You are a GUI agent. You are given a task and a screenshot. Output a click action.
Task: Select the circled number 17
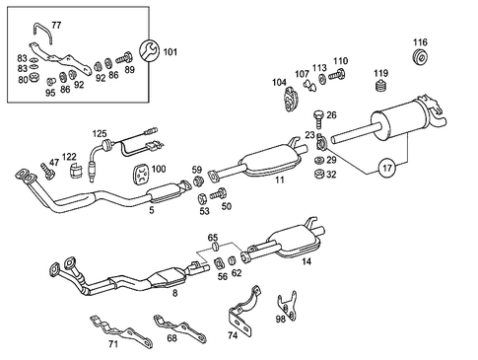tap(387, 169)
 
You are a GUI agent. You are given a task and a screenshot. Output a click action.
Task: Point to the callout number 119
tap(380, 73)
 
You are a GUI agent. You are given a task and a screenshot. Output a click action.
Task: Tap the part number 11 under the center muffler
tap(280, 181)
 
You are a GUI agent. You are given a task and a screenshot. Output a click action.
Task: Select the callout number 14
tap(307, 262)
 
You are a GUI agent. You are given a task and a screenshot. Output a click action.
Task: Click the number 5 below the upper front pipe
tap(151, 210)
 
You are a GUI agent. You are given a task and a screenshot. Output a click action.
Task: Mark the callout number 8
tap(174, 293)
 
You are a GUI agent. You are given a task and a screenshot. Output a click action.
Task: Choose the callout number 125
tap(100, 132)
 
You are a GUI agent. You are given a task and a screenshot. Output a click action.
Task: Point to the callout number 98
tap(280, 319)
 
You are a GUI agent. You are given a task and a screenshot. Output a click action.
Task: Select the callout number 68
tap(171, 339)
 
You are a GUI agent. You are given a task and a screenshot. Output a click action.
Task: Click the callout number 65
tap(213, 239)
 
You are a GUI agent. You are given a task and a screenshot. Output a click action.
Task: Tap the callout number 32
tap(331, 175)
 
